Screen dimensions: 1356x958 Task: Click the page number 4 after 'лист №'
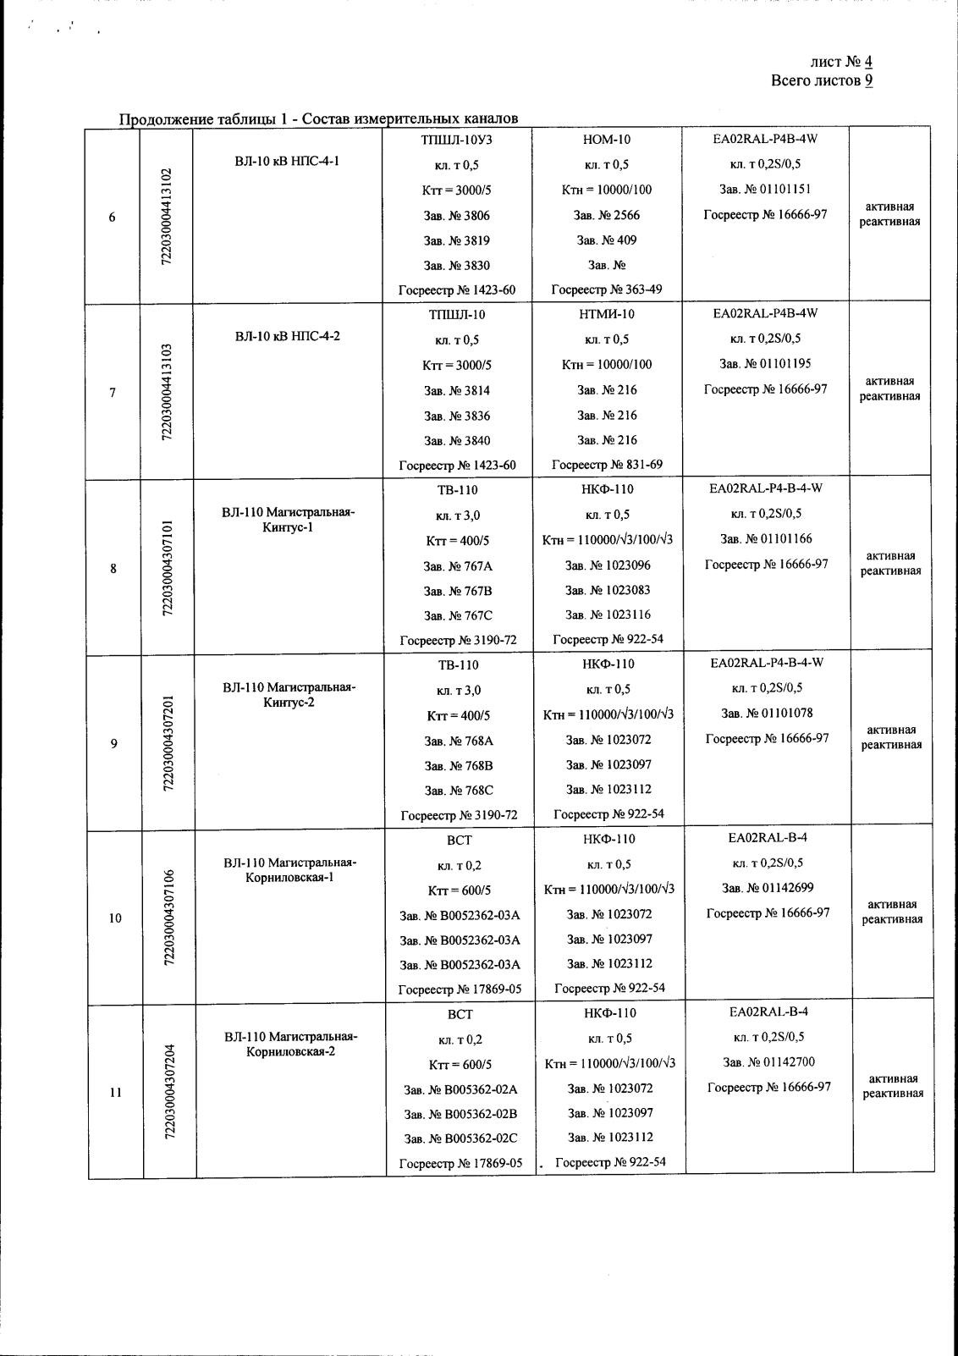click(x=868, y=62)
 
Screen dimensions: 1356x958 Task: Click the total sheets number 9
click(x=868, y=80)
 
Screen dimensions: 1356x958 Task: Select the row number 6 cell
click(x=113, y=217)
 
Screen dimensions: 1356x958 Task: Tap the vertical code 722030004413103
click(x=168, y=392)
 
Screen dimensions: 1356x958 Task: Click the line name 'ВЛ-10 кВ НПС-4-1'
click(x=287, y=161)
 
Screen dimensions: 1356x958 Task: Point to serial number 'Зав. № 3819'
click(x=456, y=240)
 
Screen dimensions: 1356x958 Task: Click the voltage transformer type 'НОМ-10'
click(x=607, y=140)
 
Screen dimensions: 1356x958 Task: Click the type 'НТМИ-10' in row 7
click(x=608, y=314)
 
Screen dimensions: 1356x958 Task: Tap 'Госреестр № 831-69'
click(x=607, y=465)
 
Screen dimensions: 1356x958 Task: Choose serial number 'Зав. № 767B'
click(x=458, y=590)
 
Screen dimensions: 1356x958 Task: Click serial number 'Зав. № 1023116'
click(x=608, y=615)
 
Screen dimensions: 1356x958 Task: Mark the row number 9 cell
click(x=113, y=743)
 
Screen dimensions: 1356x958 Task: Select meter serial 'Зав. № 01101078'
click(x=767, y=713)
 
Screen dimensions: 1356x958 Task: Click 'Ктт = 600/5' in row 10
click(x=459, y=890)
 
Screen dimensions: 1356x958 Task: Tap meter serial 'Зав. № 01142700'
click(x=768, y=1062)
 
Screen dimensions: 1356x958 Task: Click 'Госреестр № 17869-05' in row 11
click(x=460, y=1163)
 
